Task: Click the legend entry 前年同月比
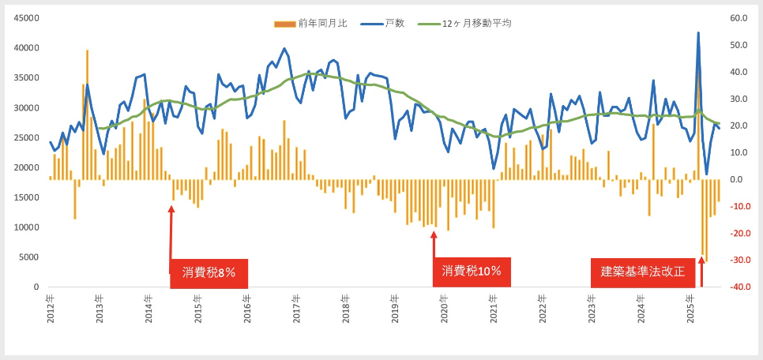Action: pos(319,24)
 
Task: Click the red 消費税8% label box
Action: pos(209,272)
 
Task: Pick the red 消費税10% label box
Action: pos(472,272)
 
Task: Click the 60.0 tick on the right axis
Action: pos(739,18)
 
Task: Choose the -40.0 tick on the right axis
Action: pos(739,287)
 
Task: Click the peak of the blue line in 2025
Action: pos(698,33)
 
